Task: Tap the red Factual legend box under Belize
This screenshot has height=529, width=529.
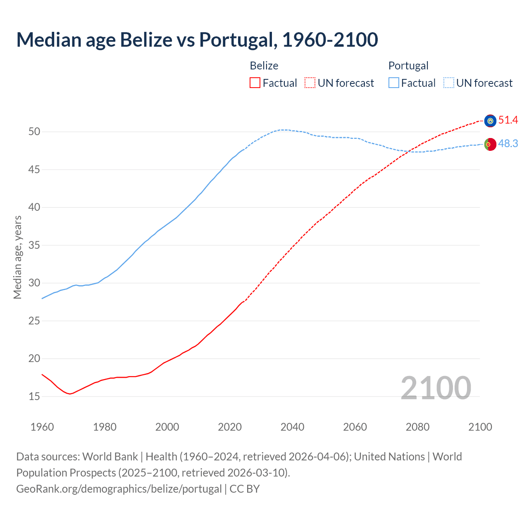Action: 255,83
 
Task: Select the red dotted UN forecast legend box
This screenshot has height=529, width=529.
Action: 310,83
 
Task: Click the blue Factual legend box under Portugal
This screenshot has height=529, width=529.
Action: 394,83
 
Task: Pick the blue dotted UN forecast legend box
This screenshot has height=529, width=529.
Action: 449,83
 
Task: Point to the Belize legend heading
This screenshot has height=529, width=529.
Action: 264,66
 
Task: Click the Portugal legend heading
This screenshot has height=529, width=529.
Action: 408,66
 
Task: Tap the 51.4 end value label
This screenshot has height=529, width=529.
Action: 508,120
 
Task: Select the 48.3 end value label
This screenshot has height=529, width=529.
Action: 508,144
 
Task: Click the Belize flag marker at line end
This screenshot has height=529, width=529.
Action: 490,121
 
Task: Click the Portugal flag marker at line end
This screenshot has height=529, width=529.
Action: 490,144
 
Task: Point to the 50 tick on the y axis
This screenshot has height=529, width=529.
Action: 34,132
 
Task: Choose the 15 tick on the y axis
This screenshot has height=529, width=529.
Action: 34,397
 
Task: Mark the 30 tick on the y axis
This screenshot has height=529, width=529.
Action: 34,283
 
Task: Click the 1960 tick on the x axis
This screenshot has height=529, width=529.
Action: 42,427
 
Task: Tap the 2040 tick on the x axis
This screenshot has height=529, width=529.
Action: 292,427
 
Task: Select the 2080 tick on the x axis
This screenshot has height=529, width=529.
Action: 417,427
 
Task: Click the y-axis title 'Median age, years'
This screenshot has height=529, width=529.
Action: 17,257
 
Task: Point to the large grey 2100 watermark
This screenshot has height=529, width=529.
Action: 436,388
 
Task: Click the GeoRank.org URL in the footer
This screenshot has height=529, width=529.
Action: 119,489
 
